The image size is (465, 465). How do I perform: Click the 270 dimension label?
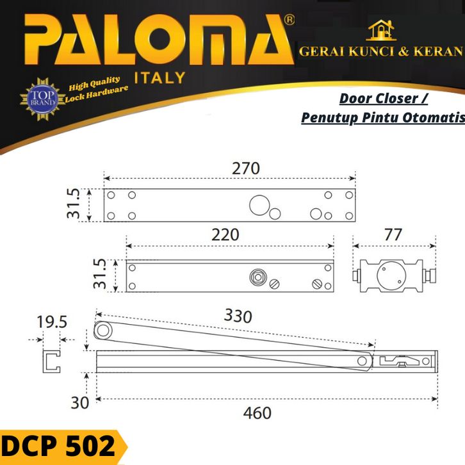pos(245,168)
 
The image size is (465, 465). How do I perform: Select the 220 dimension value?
pos(225,234)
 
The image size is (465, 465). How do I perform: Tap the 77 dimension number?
pos(393,234)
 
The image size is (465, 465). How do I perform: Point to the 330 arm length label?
pos(238,316)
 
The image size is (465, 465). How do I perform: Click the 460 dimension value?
pos(257,413)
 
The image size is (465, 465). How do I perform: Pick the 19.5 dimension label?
pos(52,322)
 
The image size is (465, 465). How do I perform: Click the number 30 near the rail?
pos(80,403)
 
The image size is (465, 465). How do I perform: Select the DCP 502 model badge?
pos(60,446)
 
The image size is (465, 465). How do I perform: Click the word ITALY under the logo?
pos(160,78)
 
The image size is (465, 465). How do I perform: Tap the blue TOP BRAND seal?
pos(43,99)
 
